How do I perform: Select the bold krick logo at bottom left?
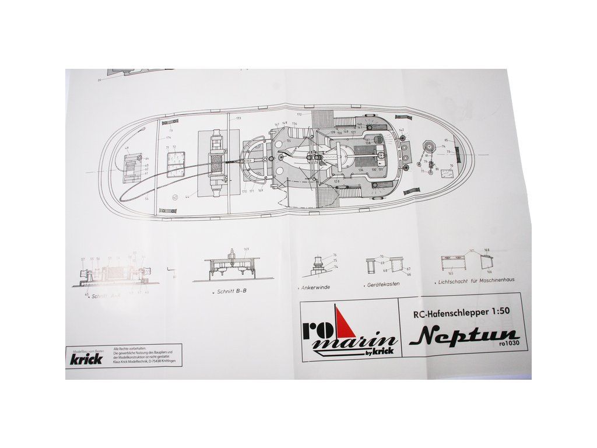86,358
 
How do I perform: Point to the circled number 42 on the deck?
175,197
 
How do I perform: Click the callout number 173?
238,118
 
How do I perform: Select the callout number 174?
168,138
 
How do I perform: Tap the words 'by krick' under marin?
381,350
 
